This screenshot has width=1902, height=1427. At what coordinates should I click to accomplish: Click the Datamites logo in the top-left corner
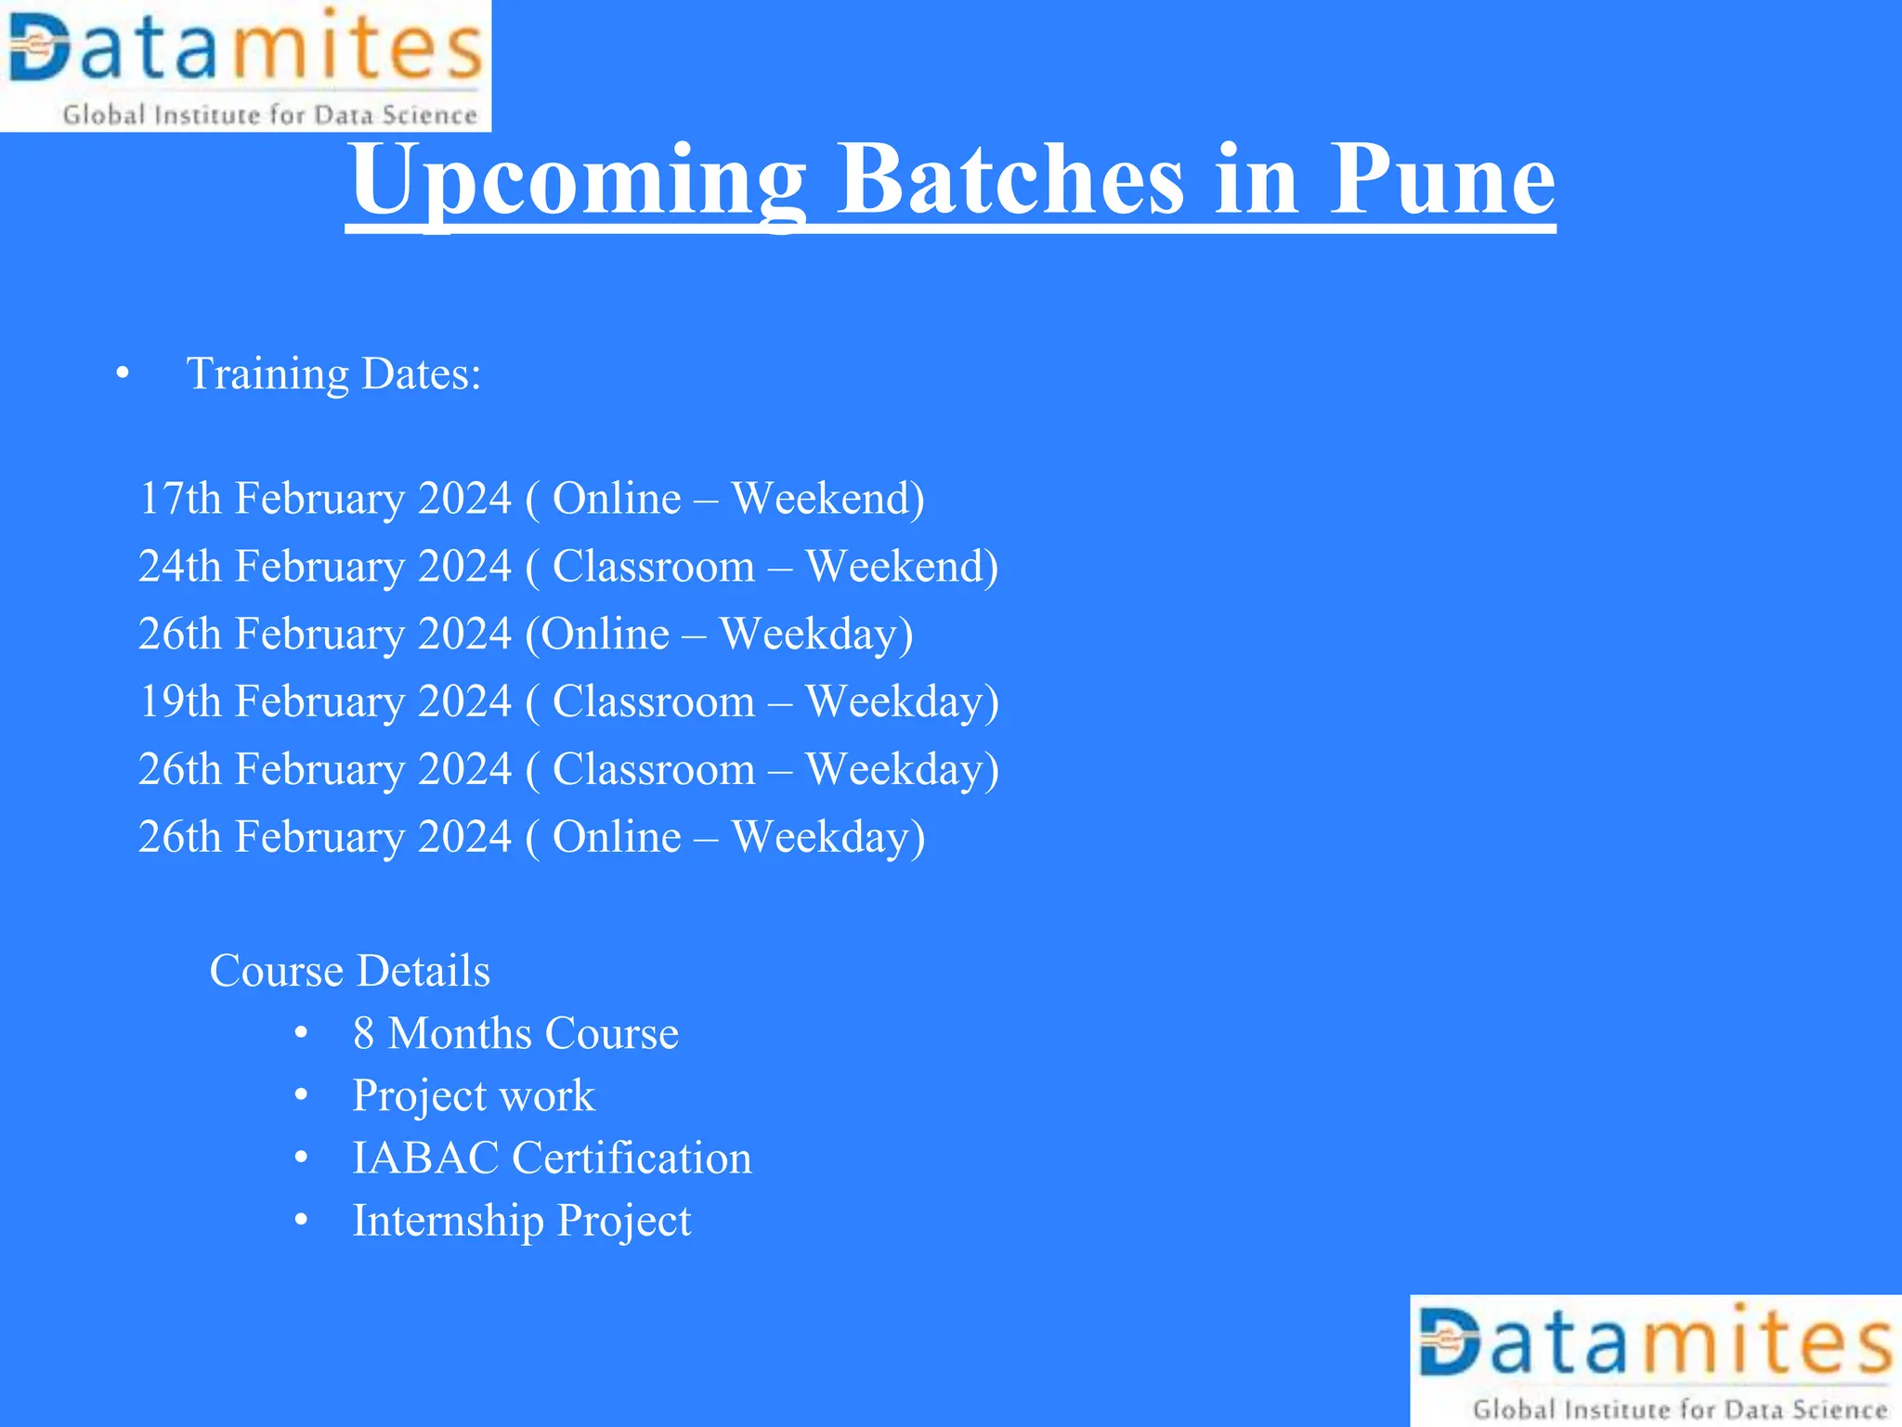coord(245,65)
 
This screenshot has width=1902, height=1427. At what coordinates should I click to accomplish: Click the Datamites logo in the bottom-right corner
coord(1656,1361)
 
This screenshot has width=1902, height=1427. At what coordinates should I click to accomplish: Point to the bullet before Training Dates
coord(123,374)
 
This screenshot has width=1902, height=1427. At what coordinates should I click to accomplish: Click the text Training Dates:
coord(334,374)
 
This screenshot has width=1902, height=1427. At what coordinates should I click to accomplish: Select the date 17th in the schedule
coord(179,498)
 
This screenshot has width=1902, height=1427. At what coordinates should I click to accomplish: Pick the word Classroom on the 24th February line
coord(654,566)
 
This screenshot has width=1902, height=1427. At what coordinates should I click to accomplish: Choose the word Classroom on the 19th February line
coord(654,701)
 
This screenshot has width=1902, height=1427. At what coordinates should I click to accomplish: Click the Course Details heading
coord(349,971)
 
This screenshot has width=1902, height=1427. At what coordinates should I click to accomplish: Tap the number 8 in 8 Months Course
coord(363,1034)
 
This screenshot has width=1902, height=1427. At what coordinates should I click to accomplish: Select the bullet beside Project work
coord(301,1095)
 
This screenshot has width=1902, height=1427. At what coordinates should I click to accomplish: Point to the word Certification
coord(632,1159)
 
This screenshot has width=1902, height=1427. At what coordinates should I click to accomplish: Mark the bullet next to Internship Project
coord(301,1221)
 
